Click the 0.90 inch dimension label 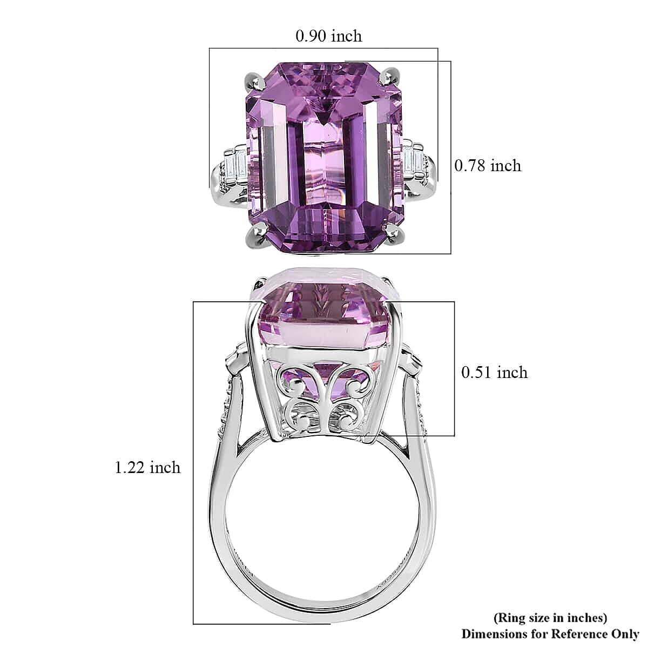click(x=328, y=36)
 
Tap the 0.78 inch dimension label click(x=488, y=166)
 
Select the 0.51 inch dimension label click(x=494, y=373)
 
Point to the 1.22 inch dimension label click(x=147, y=468)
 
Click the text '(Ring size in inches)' click(x=550, y=617)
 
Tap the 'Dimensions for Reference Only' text click(x=550, y=634)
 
